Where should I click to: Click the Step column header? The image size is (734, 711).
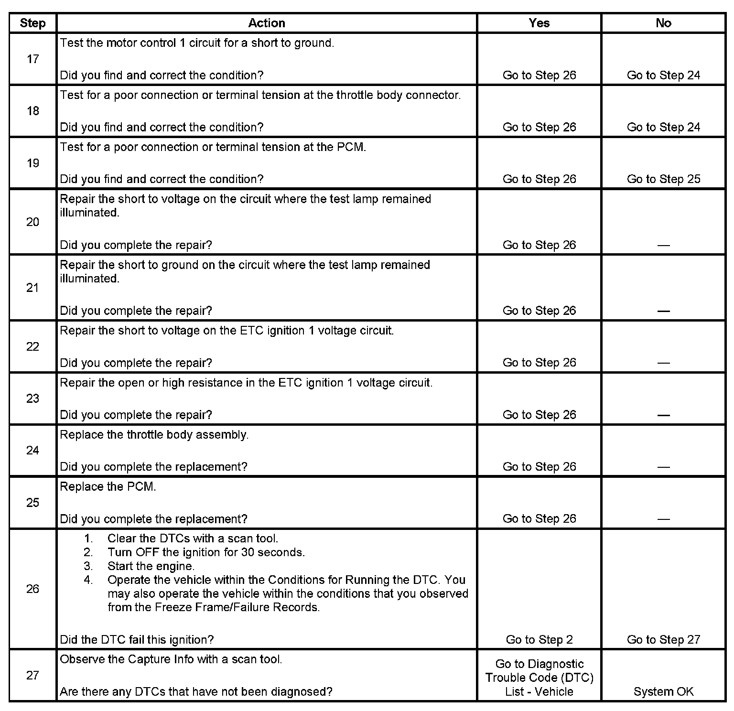point(32,23)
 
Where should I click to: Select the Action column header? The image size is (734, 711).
point(267,23)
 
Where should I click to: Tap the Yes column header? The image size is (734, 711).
point(539,23)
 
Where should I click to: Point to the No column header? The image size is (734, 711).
point(663,23)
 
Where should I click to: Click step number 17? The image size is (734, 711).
point(32,59)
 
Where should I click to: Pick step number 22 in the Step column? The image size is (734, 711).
point(32,346)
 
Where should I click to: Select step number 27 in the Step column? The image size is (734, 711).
point(32,675)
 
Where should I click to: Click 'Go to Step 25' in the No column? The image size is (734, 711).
point(663,179)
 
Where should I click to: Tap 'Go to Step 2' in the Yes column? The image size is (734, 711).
point(539,640)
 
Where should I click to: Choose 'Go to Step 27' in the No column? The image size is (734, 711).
point(663,640)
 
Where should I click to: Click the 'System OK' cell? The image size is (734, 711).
point(663,691)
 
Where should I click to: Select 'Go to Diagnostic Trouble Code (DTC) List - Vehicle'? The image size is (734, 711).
point(539,678)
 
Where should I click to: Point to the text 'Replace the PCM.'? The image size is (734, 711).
point(108,487)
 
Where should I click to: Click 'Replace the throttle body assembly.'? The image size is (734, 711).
point(154,435)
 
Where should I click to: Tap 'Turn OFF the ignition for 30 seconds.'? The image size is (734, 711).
point(206,552)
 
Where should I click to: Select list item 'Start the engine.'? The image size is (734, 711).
point(151,566)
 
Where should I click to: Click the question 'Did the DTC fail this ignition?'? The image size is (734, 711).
point(137,640)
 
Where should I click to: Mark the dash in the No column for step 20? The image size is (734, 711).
point(663,246)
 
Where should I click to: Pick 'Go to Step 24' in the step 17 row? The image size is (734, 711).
point(663,75)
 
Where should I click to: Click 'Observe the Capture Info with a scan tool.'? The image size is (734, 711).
point(171,659)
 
